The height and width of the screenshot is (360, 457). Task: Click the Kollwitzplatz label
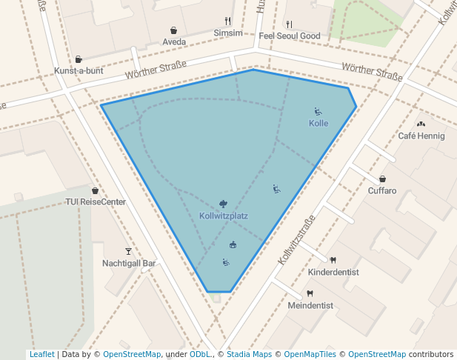click(223, 216)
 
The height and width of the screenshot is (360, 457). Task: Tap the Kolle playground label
click(318, 123)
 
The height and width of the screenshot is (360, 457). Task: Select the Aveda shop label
click(174, 42)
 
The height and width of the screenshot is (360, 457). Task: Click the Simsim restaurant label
click(227, 33)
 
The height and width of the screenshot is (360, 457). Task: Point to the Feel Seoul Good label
click(290, 36)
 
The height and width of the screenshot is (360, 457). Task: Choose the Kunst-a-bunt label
click(79, 70)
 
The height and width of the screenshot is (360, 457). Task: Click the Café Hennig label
click(421, 136)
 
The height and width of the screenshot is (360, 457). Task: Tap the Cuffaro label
click(382, 190)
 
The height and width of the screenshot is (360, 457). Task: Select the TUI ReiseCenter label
click(96, 201)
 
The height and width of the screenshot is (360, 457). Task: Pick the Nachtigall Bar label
click(129, 263)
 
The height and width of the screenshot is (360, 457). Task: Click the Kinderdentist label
click(333, 272)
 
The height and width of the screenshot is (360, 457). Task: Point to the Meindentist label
click(310, 305)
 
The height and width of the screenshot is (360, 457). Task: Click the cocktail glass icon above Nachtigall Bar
click(128, 252)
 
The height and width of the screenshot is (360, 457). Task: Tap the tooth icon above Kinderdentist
click(333, 260)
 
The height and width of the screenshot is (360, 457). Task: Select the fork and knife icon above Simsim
click(227, 21)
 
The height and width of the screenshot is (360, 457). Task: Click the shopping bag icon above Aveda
click(174, 30)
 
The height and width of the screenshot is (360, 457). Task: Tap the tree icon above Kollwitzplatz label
click(223, 203)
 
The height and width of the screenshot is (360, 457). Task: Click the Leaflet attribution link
click(41, 354)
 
